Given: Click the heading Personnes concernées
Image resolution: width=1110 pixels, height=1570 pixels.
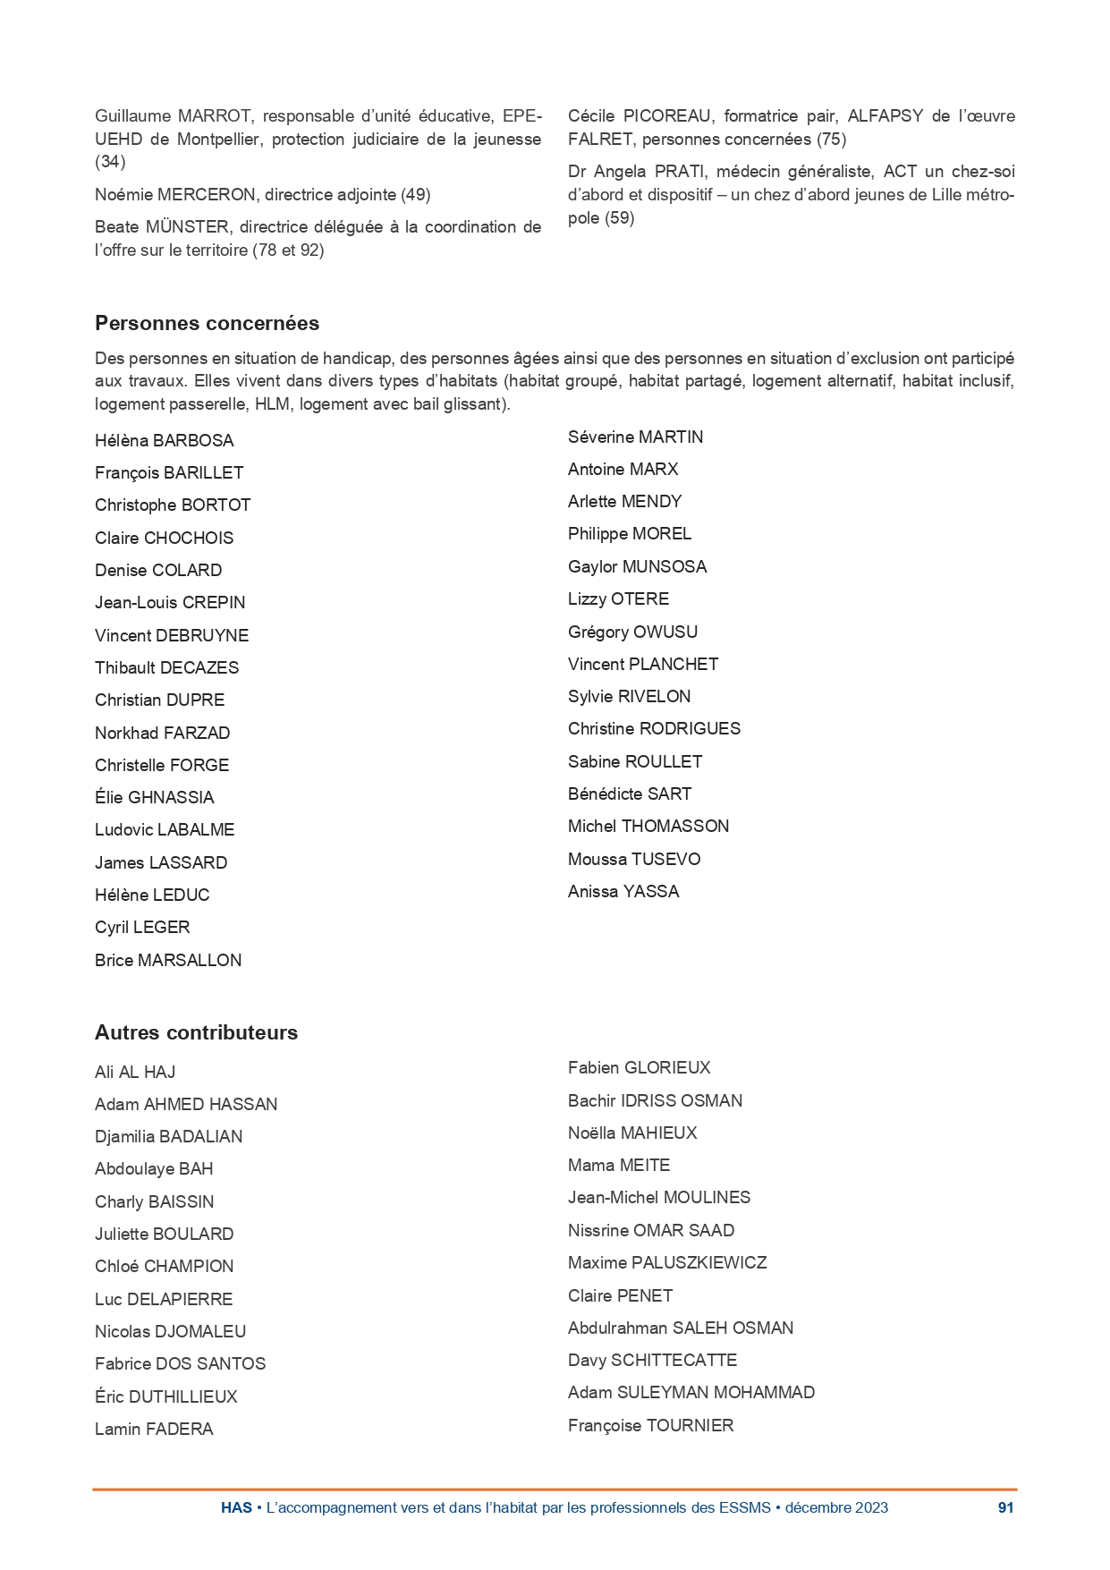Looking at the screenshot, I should click(207, 323).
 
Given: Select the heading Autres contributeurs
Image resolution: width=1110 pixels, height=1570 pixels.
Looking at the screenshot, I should click(196, 1032).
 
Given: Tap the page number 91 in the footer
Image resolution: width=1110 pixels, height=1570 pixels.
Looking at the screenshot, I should click(1005, 1507).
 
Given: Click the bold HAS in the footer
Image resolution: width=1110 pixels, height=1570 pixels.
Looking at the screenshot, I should click(236, 1507).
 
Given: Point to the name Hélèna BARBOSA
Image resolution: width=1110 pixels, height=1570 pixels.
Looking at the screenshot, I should click(164, 440).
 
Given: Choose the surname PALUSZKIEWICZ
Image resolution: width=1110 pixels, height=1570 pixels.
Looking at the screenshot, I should click(699, 1262).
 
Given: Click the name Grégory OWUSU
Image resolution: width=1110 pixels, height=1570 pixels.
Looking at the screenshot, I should click(632, 632).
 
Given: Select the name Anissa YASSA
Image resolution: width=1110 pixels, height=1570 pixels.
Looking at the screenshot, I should click(623, 891).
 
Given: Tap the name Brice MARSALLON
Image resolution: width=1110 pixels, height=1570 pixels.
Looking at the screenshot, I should click(168, 960).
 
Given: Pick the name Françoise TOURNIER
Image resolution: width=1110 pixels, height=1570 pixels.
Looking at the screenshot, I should click(650, 1425).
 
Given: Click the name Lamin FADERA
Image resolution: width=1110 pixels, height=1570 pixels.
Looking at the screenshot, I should click(154, 1429).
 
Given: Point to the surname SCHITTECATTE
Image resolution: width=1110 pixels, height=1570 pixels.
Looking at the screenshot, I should click(674, 1360).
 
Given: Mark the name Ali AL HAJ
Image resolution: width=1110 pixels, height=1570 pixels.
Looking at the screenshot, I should click(135, 1072).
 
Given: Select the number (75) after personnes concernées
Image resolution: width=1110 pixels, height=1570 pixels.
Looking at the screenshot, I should click(831, 139).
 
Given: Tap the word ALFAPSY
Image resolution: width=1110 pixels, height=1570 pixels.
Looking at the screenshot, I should click(885, 115).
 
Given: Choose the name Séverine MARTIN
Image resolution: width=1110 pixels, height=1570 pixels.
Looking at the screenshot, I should click(635, 437).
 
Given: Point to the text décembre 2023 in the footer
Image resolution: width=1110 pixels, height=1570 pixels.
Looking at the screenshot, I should click(836, 1507).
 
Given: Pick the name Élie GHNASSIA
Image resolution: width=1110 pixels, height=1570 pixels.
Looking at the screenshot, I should click(154, 797).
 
